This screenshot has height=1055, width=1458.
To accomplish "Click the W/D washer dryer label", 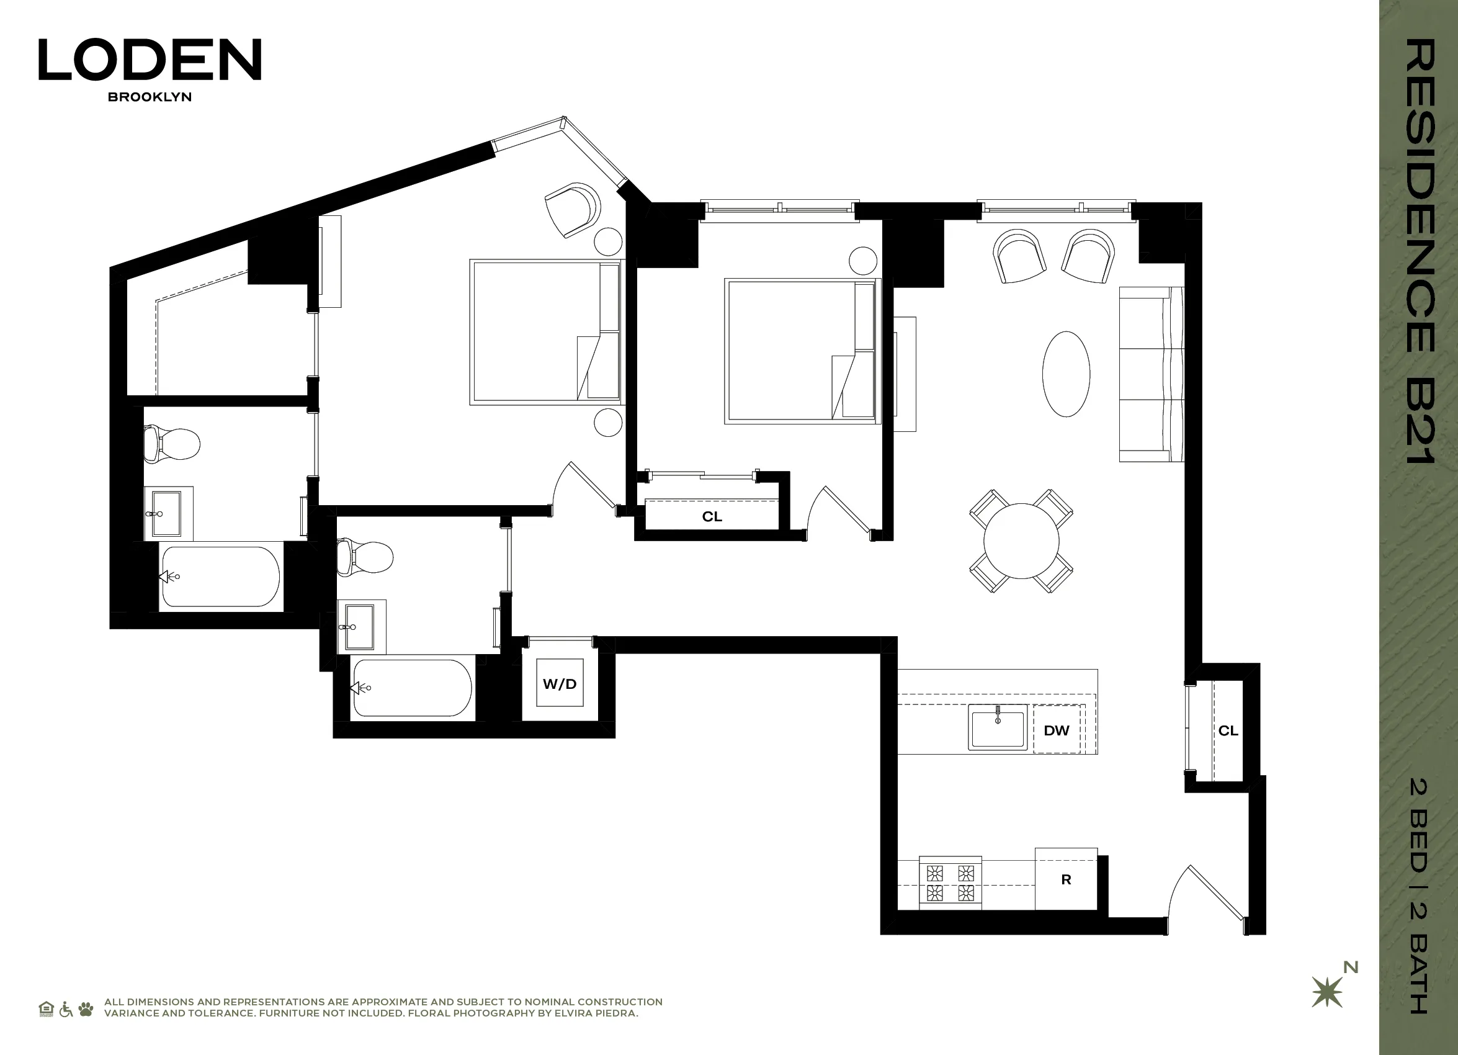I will [x=559, y=683].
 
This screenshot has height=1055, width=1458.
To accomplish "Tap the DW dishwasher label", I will [x=1056, y=730].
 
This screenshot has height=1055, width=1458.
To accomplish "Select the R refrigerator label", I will [x=1066, y=879].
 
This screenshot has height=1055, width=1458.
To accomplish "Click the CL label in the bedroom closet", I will [x=712, y=516].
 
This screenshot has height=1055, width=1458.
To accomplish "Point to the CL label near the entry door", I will [x=1228, y=730].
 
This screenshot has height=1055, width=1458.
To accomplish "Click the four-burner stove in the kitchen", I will [x=950, y=882].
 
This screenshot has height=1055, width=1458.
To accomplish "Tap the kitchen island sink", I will [x=998, y=727].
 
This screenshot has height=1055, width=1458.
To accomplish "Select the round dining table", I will [x=1021, y=541].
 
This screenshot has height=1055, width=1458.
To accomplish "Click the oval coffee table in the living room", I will [x=1066, y=374].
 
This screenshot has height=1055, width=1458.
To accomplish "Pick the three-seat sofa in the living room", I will [x=1151, y=374].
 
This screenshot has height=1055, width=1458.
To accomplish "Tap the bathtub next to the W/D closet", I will [x=412, y=688].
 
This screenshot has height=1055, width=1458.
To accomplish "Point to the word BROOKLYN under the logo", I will [x=150, y=97].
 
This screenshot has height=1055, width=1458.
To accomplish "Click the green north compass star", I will [x=1327, y=992].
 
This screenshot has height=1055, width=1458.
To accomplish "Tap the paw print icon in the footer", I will [x=86, y=1008].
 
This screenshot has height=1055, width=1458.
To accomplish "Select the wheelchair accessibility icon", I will [x=66, y=1008].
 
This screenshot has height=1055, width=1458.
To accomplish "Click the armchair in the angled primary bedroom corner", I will [x=571, y=210].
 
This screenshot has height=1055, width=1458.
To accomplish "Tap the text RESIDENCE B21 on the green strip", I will [x=1419, y=251].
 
